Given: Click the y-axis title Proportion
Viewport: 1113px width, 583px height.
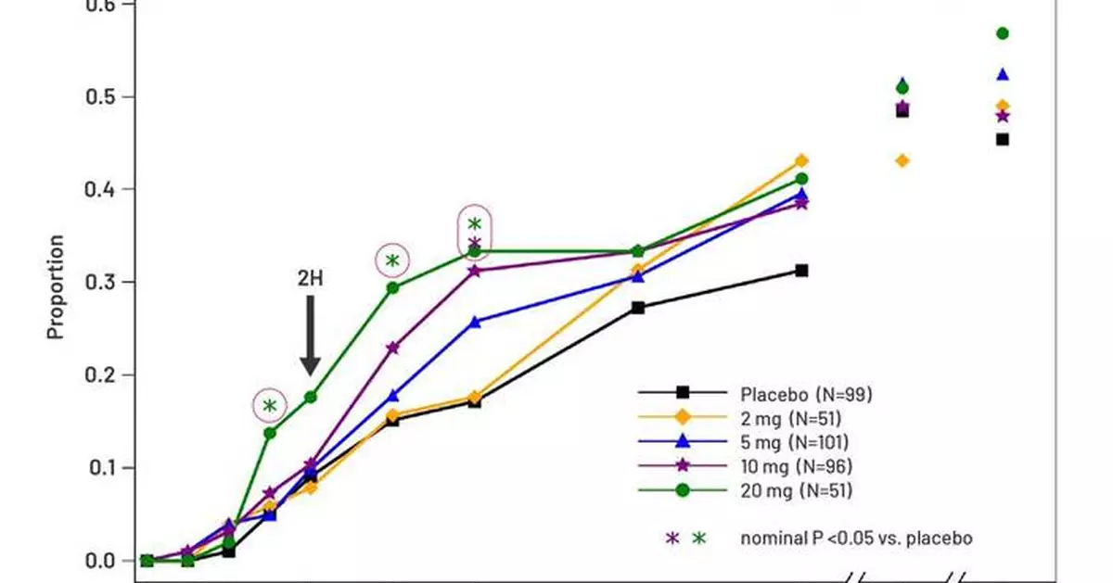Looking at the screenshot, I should point(57,286).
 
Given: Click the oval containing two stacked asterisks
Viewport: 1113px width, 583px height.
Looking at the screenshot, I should point(475,233).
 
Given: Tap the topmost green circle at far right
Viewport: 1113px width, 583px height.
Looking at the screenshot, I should point(1002,33).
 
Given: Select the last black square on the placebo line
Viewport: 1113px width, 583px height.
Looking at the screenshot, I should point(801,271).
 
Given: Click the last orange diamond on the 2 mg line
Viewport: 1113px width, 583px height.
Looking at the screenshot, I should point(801,160).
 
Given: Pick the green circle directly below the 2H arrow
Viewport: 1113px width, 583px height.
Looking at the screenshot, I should point(311,397).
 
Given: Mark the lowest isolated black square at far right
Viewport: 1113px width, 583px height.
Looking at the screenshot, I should point(1002,140).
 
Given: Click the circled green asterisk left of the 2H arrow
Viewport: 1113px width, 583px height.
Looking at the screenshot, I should point(269,406).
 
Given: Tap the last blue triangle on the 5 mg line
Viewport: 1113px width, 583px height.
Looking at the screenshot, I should point(801,194).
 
